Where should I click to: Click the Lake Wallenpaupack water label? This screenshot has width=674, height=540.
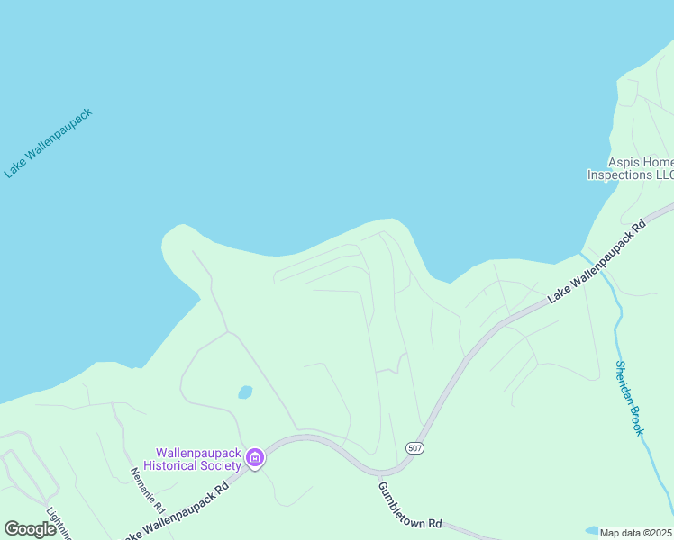point(48,143)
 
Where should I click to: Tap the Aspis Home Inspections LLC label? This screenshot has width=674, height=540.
point(630,168)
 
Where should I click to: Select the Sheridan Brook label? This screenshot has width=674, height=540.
point(628,398)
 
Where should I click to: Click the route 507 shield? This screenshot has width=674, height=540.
point(414,447)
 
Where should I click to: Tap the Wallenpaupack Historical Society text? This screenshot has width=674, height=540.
point(198,459)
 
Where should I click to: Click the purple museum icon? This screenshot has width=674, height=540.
point(255,459)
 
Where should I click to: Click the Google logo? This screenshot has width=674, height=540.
point(30,529)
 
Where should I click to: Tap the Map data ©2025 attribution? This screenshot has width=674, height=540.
point(636,533)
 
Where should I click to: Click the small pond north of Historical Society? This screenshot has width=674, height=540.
point(244,392)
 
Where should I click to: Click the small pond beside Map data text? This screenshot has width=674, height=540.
point(591,530)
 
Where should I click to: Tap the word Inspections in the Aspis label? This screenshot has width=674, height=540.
point(620,175)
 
